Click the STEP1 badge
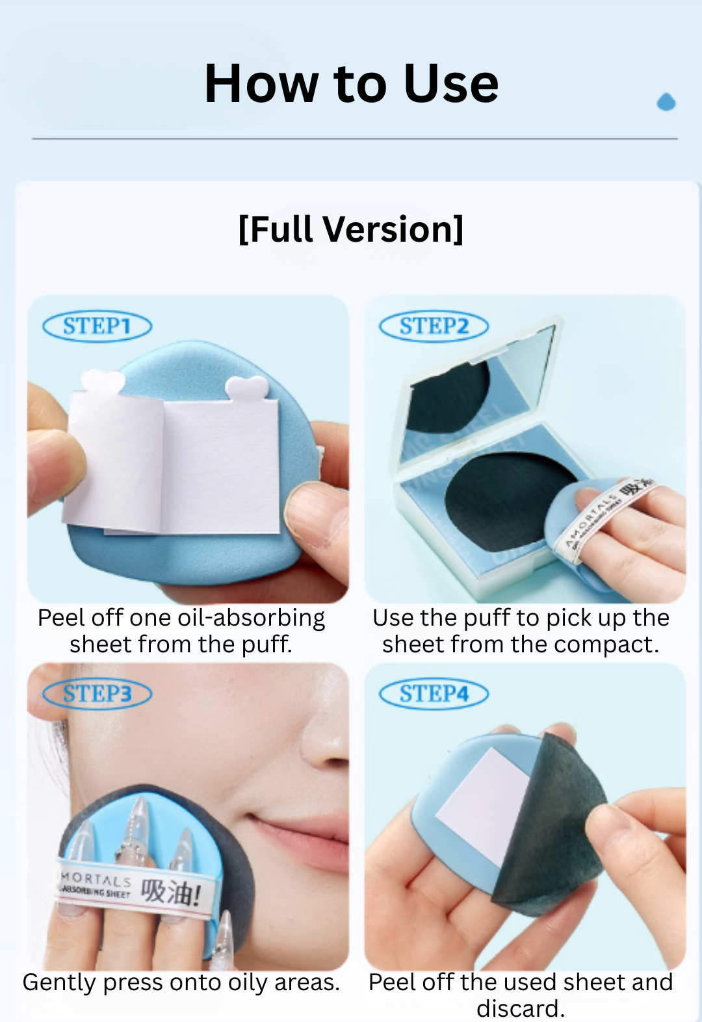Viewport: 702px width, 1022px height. click(x=97, y=326)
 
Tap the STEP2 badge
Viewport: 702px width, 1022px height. click(x=434, y=326)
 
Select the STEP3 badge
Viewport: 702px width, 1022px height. click(x=97, y=694)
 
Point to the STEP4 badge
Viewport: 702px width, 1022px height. click(x=434, y=694)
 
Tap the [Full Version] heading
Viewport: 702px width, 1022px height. click(x=351, y=229)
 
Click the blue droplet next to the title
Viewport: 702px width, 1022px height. click(x=666, y=102)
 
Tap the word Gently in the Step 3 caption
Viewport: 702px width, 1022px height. click(x=59, y=982)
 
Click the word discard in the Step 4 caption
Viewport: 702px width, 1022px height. click(x=517, y=1008)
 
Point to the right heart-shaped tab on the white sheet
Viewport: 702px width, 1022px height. click(x=246, y=389)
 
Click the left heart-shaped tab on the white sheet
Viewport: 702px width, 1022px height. click(x=103, y=381)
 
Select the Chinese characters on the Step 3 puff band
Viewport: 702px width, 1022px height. click(x=170, y=892)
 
